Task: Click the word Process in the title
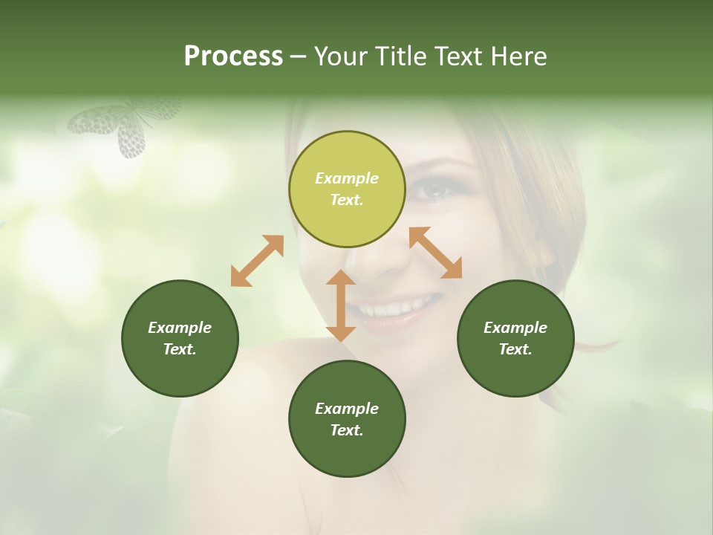pos(233,56)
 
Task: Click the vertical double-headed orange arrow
pos(341,305)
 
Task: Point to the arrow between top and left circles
pos(257,261)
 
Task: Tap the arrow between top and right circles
pos(435,253)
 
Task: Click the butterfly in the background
pos(126,126)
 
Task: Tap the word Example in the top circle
pos(347,178)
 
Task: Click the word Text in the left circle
pos(179,349)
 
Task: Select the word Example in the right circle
pos(515,328)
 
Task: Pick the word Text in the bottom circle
pos(345,430)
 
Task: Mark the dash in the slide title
pos(299,57)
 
